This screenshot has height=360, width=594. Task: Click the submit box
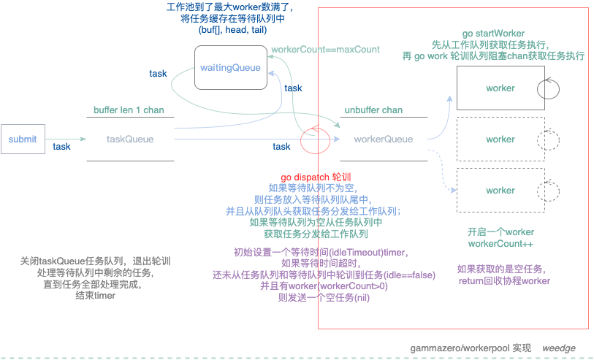(23, 139)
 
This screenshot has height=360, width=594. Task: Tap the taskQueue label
(130, 139)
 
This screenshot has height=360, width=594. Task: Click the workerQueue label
(383, 139)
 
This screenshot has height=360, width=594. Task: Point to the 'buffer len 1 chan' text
(129, 110)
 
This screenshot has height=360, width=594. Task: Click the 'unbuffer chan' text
(373, 110)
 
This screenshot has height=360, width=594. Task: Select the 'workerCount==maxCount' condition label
(325, 50)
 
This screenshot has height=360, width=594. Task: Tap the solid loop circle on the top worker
(548, 89)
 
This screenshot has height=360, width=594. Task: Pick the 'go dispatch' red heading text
(316, 177)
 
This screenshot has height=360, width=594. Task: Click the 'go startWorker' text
(493, 34)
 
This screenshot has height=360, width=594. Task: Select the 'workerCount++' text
(500, 243)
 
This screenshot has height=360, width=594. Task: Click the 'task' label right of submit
(62, 147)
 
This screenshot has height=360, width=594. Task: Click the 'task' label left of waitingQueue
(158, 74)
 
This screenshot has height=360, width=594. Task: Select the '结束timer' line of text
(96, 296)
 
